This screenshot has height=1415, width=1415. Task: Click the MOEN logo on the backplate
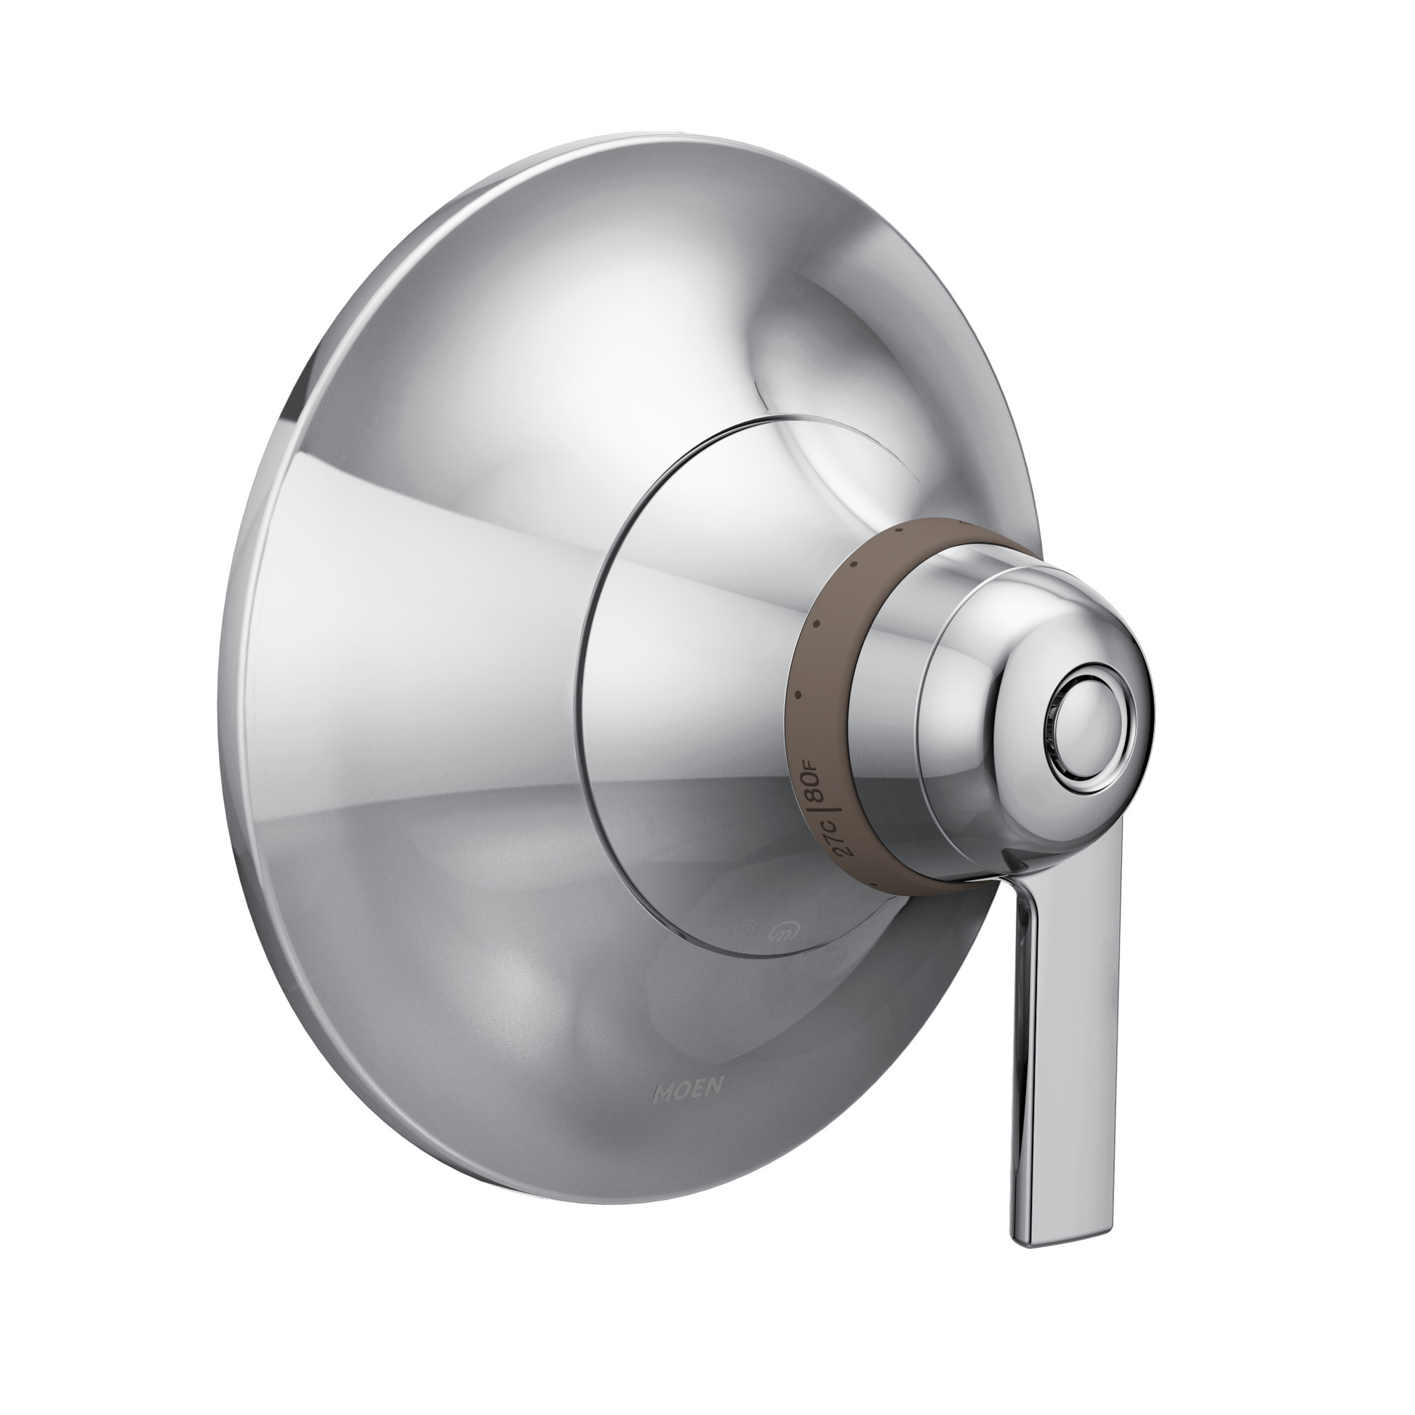689,1111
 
